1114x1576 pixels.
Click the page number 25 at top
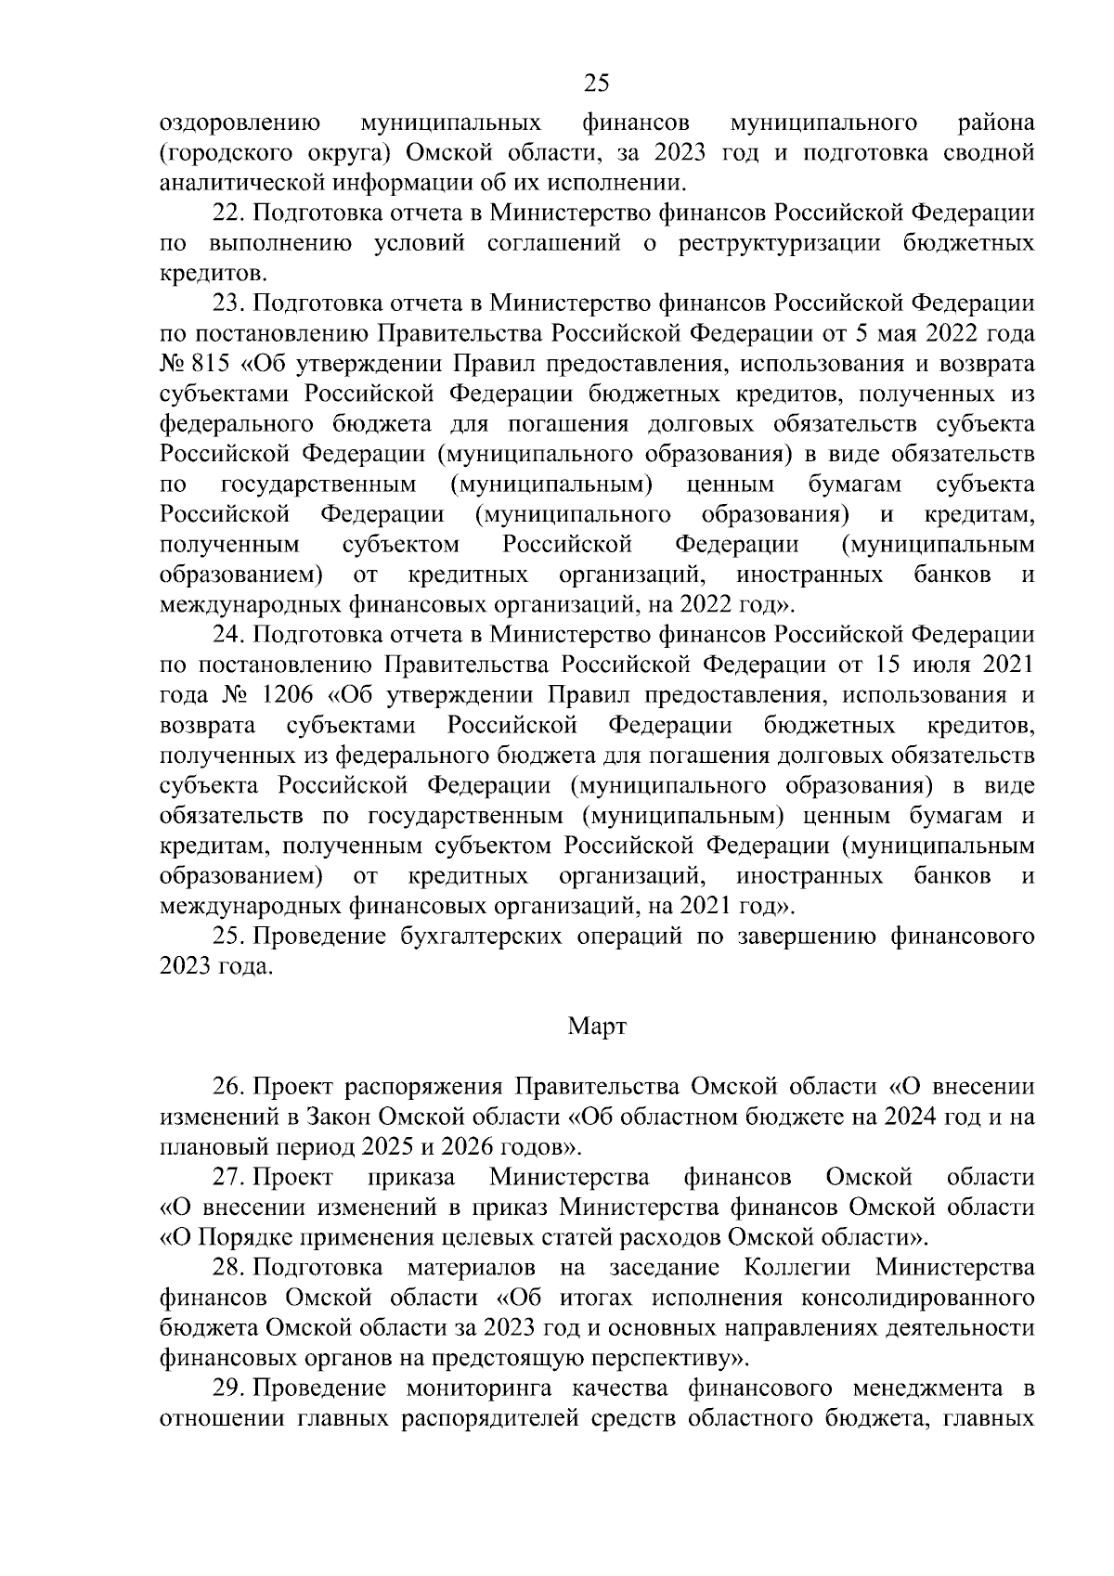click(596, 84)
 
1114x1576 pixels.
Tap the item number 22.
click(227, 213)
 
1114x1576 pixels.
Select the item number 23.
click(227, 304)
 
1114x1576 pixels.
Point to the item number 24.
click(227, 636)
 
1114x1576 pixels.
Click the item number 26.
click(227, 1087)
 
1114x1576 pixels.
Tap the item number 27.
click(227, 1178)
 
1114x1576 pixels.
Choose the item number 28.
click(227, 1268)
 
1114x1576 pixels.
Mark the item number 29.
click(227, 1389)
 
